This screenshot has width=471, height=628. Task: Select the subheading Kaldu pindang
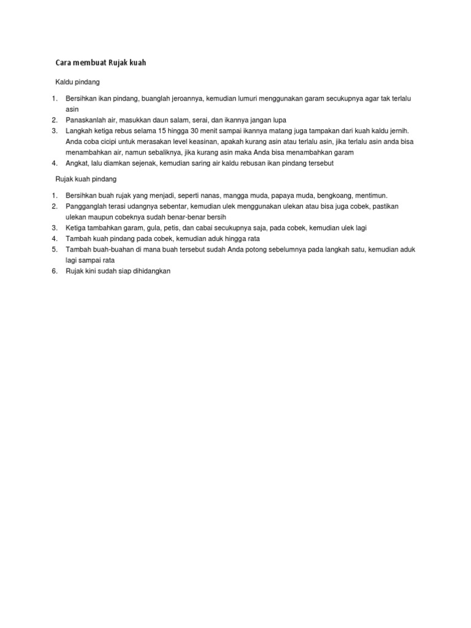pos(77,81)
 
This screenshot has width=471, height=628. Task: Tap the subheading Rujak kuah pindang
pos(86,179)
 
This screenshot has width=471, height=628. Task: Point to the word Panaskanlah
pos(86,120)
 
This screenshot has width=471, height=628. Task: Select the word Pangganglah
pos(87,207)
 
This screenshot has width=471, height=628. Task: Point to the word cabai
pos(201,228)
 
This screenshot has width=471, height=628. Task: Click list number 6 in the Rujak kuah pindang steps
pos(54,270)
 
